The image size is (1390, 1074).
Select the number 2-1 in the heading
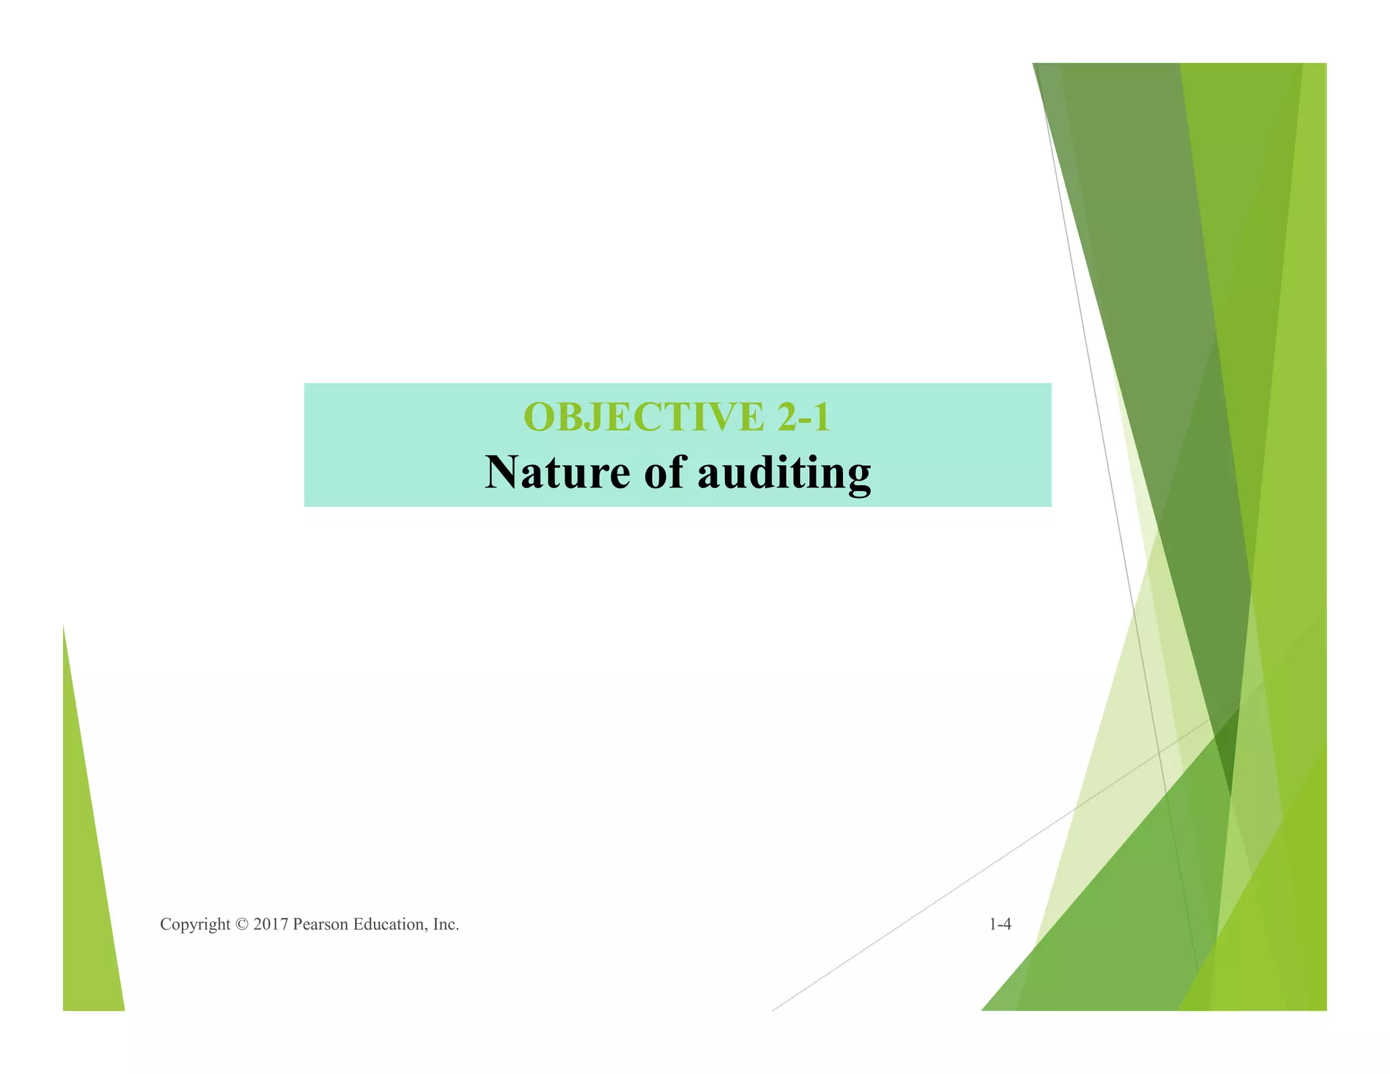[x=804, y=417]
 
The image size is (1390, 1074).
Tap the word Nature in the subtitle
[x=557, y=473]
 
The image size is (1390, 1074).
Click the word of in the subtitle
[x=663, y=473]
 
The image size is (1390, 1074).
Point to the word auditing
[x=784, y=474]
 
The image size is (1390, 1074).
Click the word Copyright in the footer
[x=195, y=925]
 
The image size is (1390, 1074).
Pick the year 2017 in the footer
[x=271, y=925]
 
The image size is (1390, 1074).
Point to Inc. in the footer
[x=446, y=925]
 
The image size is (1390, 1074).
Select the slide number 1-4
[x=1000, y=925]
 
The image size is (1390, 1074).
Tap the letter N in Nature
[x=502, y=473]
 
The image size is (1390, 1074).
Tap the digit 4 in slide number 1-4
[x=1007, y=925]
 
